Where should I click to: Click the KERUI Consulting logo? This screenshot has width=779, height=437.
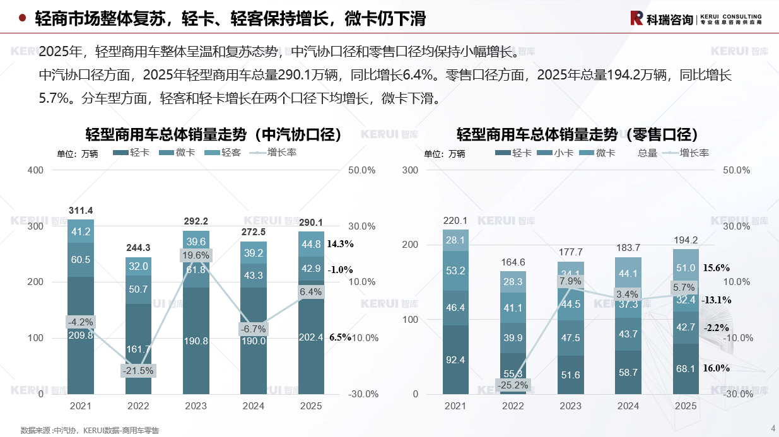tap(696, 18)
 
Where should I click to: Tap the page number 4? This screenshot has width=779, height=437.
tap(773, 429)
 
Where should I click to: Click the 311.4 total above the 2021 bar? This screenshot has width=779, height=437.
tap(81, 211)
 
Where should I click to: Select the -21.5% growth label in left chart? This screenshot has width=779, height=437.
tap(138, 370)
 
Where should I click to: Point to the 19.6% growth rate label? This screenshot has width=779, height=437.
tap(196, 255)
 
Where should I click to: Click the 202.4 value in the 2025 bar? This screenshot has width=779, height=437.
tap(311, 337)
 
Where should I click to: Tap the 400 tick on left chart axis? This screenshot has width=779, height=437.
tap(36, 170)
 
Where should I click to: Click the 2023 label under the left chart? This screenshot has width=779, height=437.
tap(196, 406)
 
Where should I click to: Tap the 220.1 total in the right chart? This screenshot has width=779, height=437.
tap(455, 221)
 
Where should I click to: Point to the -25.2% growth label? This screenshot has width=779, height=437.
tap(513, 385)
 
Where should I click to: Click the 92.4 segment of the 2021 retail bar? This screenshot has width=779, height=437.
tap(455, 360)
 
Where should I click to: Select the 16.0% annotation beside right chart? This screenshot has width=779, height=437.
tap(716, 368)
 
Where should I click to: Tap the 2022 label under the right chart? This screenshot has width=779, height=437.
tap(513, 406)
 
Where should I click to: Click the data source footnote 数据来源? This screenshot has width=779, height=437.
tap(90, 431)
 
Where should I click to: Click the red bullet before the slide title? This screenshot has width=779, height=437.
tap(22, 18)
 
